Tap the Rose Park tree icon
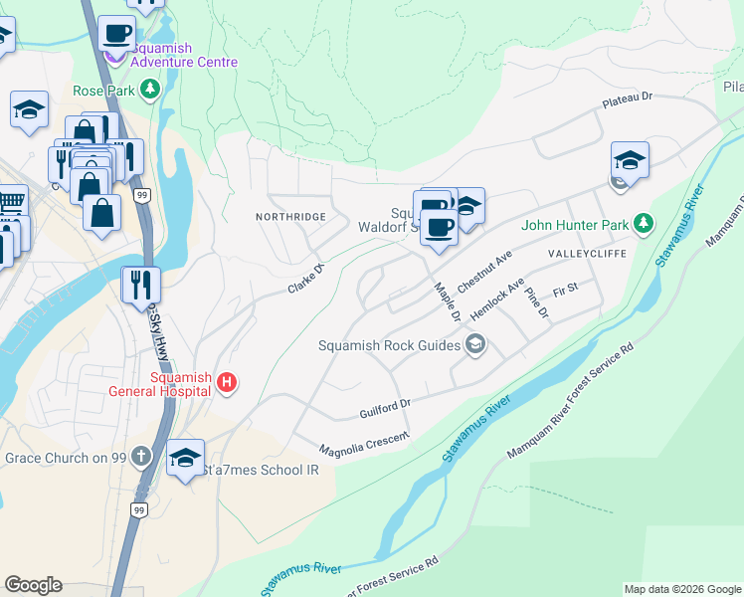(x=150, y=91)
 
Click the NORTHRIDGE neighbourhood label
(x=290, y=216)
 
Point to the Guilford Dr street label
(x=385, y=409)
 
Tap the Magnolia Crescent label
(x=363, y=444)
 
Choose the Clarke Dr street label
(x=306, y=279)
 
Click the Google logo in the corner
(x=33, y=585)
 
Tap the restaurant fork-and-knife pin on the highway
(x=140, y=284)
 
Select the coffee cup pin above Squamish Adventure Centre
(x=115, y=32)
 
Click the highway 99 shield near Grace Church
(x=139, y=509)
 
